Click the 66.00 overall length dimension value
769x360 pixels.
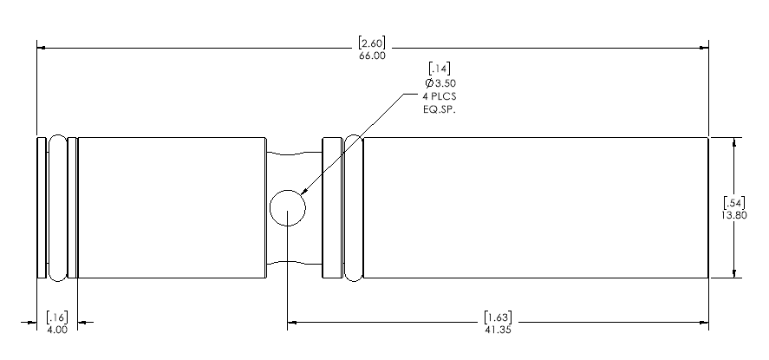(x=372, y=56)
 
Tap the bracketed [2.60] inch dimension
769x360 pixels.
(x=372, y=42)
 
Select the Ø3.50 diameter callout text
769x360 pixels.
(x=440, y=82)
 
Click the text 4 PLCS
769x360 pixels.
(x=440, y=96)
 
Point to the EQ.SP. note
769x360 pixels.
(x=440, y=109)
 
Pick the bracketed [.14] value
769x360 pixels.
(x=440, y=68)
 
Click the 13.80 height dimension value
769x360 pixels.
(x=734, y=215)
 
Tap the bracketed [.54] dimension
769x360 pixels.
(x=734, y=201)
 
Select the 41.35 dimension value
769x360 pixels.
(x=498, y=330)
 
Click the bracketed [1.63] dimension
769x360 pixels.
(x=498, y=317)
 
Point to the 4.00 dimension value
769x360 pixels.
(x=57, y=330)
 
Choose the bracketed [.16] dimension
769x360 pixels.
(x=57, y=317)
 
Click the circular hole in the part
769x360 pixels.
(x=288, y=208)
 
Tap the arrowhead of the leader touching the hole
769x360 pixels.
(x=303, y=193)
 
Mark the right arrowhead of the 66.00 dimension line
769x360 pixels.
(x=704, y=48)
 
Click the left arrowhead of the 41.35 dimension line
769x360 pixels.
(x=292, y=322)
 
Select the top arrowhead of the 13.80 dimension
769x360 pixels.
(x=734, y=142)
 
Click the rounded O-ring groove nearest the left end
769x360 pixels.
(x=58, y=207)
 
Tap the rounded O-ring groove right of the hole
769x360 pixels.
(x=353, y=207)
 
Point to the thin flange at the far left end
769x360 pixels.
(x=42, y=207)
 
